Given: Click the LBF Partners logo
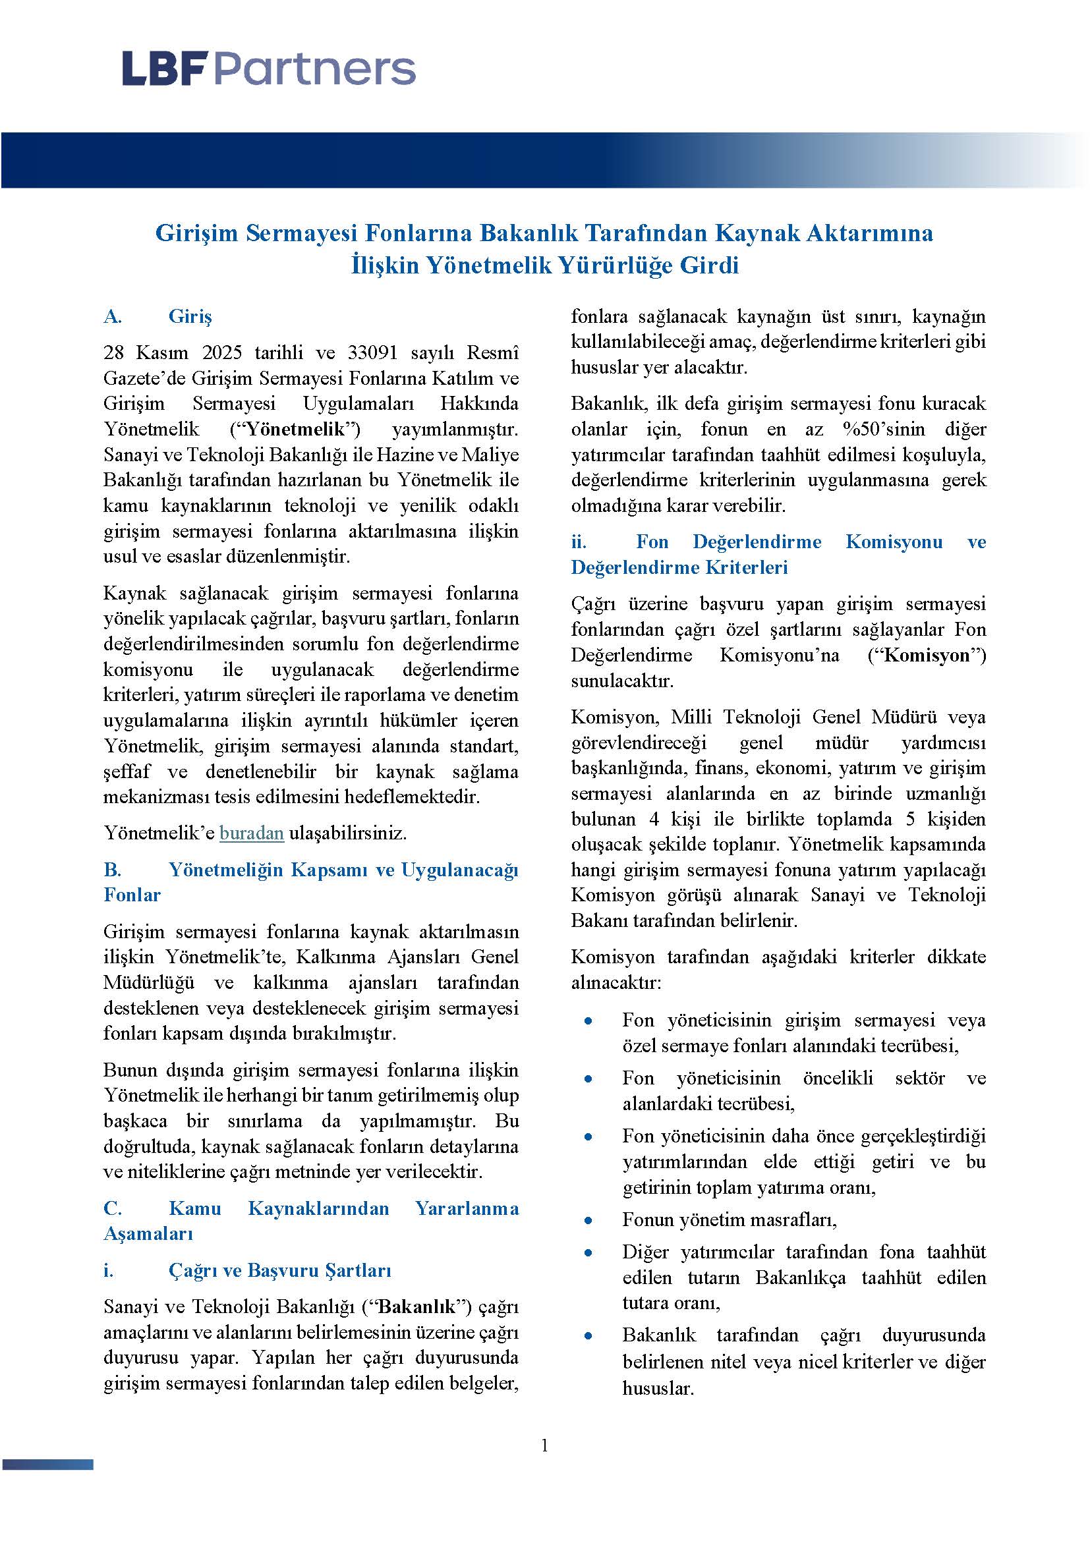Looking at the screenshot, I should click(268, 69).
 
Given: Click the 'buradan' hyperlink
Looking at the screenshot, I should click(251, 833).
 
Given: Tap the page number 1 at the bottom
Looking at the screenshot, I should click(544, 1444).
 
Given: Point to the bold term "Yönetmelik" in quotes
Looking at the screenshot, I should click(295, 429).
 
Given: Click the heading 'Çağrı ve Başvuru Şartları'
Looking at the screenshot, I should click(280, 1270).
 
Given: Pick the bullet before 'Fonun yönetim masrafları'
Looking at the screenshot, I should click(588, 1220).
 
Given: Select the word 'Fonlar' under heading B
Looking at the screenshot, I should click(132, 895).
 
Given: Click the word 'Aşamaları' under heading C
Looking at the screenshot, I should click(148, 1233).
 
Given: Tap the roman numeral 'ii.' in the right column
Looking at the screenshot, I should click(579, 542).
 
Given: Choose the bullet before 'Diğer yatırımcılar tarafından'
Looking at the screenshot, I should click(588, 1252).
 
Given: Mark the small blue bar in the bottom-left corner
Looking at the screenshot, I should click(47, 1464).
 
